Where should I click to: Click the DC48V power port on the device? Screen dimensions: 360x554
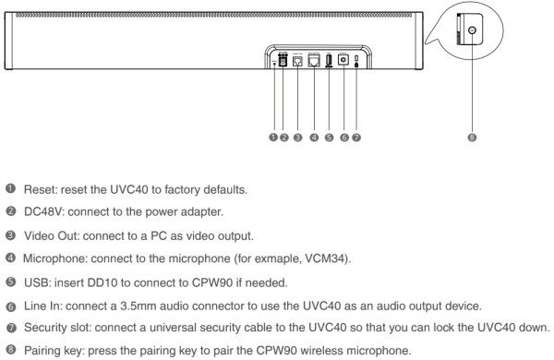283,64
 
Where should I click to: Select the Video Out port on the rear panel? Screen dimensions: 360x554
297,64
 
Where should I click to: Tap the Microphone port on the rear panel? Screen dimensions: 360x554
315,64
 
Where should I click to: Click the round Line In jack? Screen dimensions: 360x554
343,63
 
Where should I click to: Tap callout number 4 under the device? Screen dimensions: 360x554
315,137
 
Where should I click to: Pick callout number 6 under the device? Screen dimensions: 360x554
343,137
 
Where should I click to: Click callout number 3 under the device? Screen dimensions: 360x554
297,137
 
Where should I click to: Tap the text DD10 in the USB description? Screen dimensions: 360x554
90,274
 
